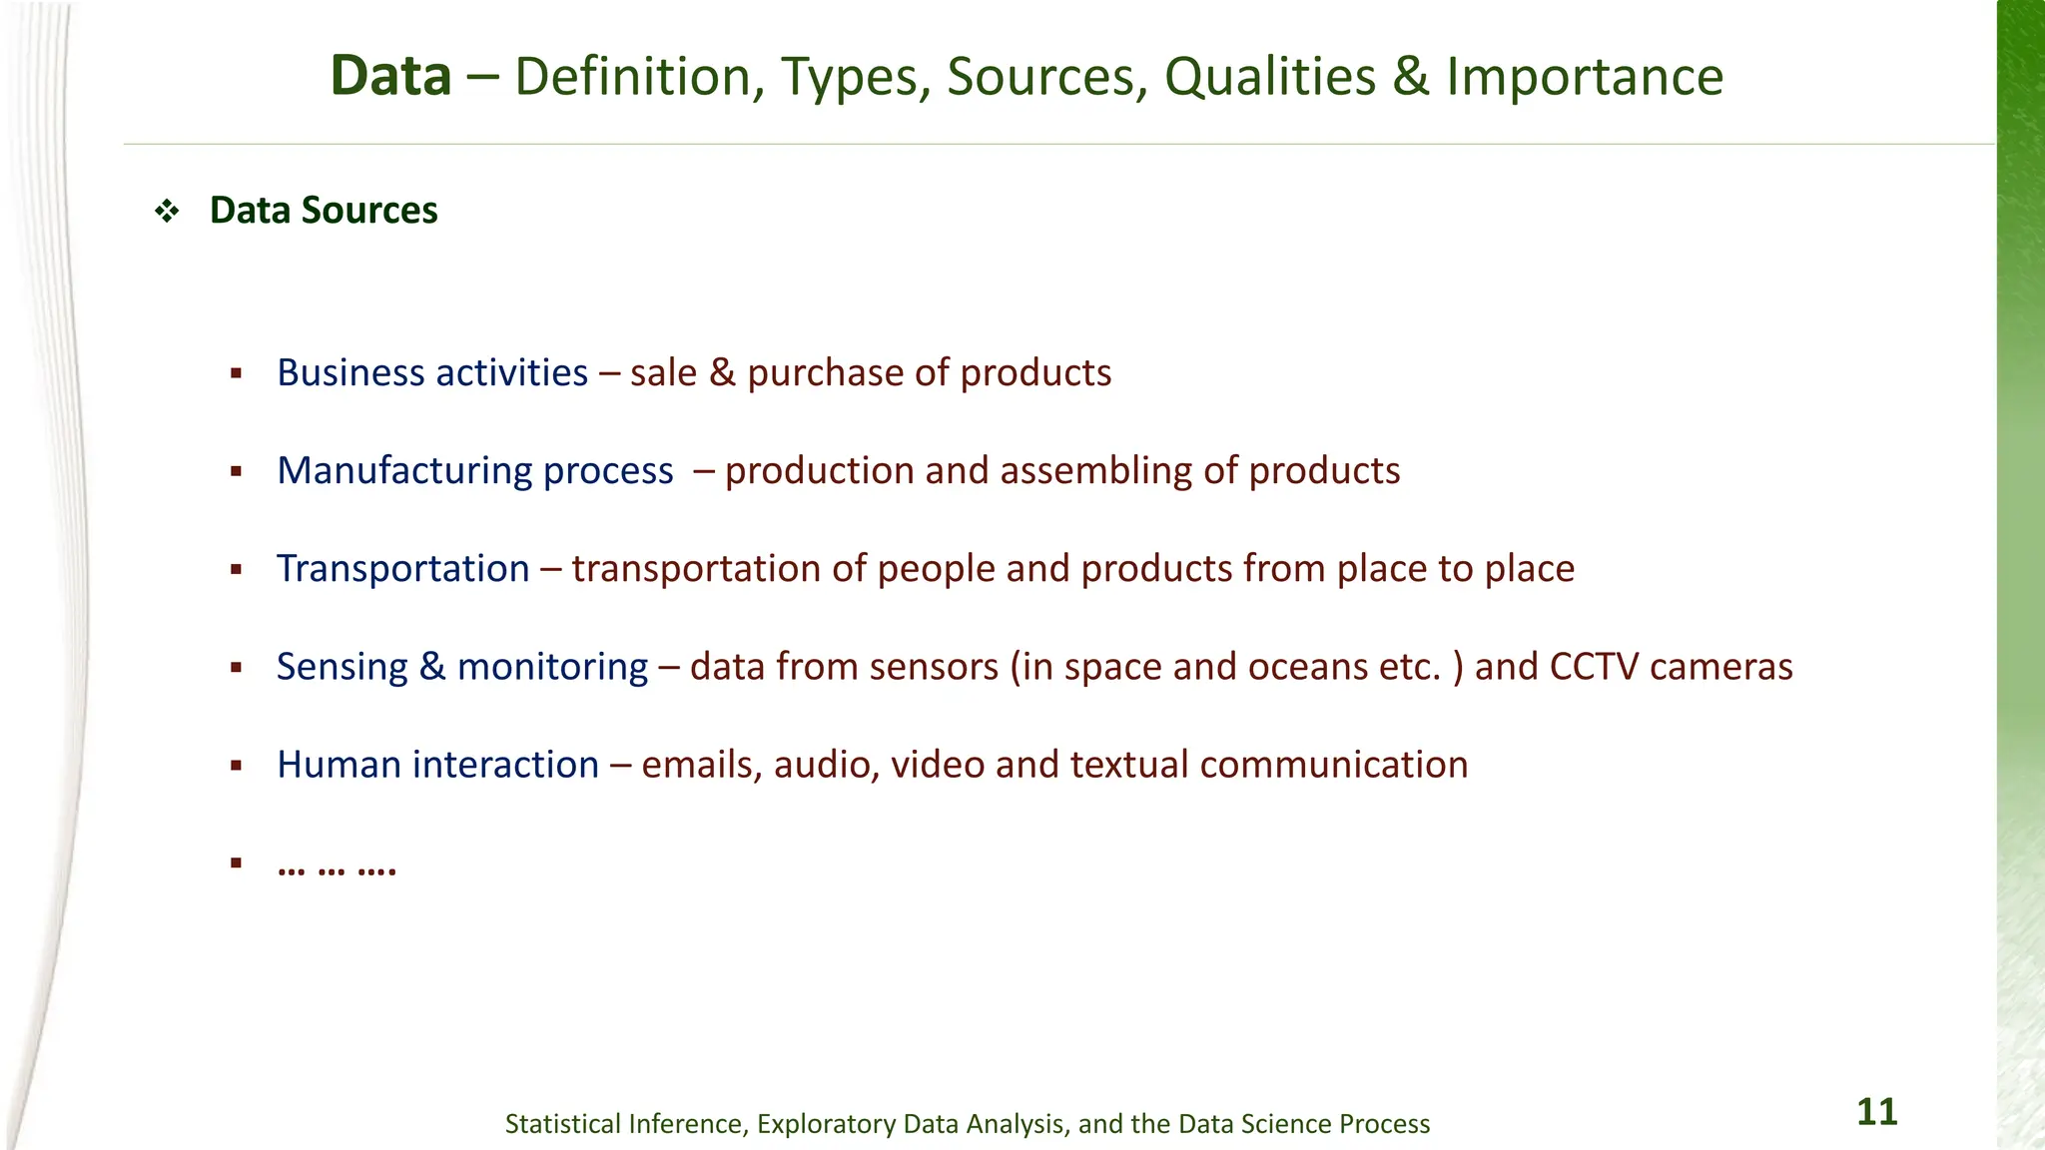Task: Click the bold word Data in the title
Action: pyautogui.click(x=390, y=77)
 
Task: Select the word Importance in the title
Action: pyautogui.click(x=1585, y=77)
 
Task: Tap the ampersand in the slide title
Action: pyautogui.click(x=1411, y=77)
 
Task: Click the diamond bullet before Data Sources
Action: pyautogui.click(x=166, y=211)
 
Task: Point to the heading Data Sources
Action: pyautogui.click(x=324, y=211)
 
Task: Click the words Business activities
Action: pyautogui.click(x=432, y=372)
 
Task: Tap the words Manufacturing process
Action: pyautogui.click(x=475, y=470)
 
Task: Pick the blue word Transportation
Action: pyautogui.click(x=403, y=568)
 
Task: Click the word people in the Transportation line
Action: pyautogui.click(x=936, y=569)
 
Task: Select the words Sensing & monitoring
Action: pyautogui.click(x=462, y=666)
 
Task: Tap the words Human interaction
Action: pyautogui.click(x=438, y=764)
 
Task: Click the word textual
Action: pyautogui.click(x=1129, y=764)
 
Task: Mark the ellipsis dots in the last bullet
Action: pyautogui.click(x=337, y=865)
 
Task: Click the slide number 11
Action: pyautogui.click(x=1876, y=1112)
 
